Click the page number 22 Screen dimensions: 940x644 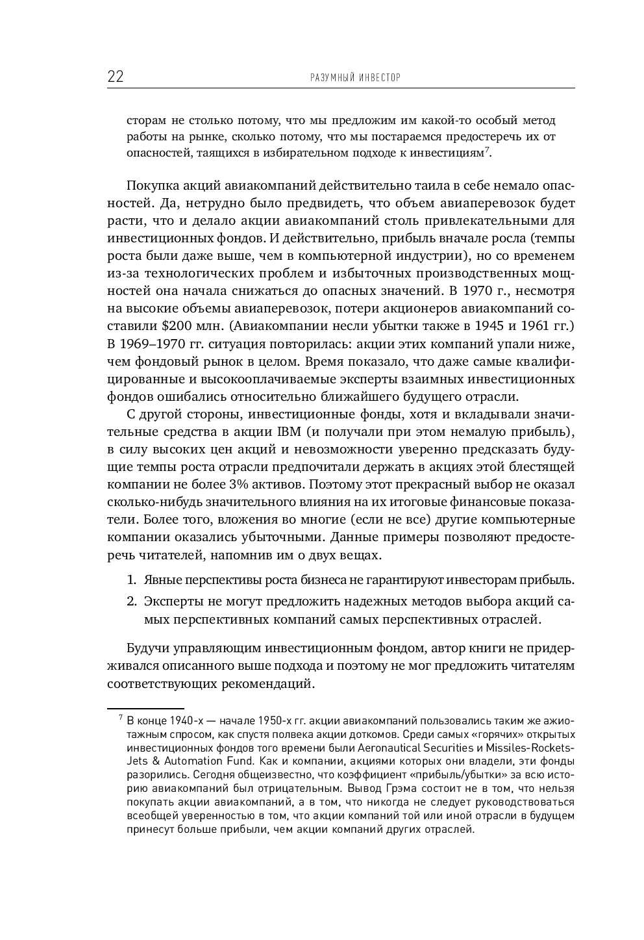pyautogui.click(x=116, y=77)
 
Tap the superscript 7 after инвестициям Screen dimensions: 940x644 pyautogui.click(x=488, y=151)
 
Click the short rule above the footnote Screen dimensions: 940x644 pyautogui.click(x=145, y=707)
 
